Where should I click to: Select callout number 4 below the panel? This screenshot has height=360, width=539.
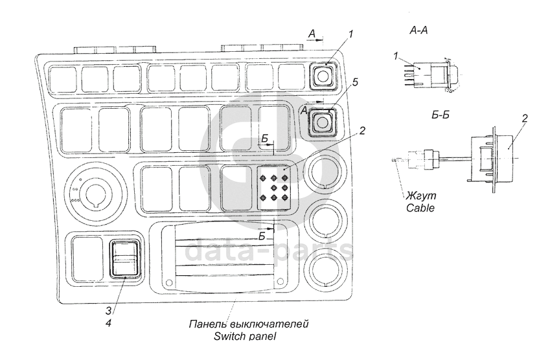[109, 321]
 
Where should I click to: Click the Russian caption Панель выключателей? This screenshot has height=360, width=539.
[249, 324]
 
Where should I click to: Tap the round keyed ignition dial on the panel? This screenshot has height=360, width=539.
[94, 191]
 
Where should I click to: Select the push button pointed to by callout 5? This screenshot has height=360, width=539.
[319, 122]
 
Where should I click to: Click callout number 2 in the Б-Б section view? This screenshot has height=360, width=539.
[522, 118]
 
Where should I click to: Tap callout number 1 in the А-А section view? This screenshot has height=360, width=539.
[395, 57]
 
